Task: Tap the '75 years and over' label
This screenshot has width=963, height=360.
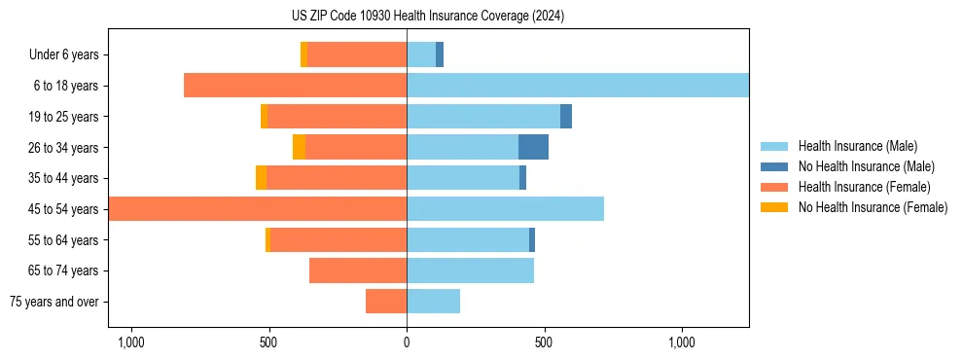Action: (54, 302)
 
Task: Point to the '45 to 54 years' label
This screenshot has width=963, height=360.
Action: (63, 209)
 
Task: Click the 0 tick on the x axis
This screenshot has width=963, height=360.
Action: (407, 342)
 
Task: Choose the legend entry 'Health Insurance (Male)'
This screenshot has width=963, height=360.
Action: (857, 146)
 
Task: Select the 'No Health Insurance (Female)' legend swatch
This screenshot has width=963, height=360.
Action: (775, 207)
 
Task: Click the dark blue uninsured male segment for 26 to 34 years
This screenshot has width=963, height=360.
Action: (533, 147)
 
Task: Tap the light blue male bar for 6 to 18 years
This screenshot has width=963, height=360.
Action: (578, 86)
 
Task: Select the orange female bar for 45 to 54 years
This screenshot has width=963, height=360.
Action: (258, 209)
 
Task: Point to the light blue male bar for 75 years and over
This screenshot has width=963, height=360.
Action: (433, 302)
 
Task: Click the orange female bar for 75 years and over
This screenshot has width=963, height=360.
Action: (386, 302)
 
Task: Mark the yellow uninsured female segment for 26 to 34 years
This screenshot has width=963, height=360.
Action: (299, 147)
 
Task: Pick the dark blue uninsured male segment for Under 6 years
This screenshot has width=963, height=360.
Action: (440, 54)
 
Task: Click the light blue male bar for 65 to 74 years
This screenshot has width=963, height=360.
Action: (470, 270)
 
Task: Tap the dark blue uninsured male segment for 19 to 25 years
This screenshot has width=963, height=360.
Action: (566, 116)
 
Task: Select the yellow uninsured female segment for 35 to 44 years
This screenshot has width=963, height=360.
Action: (261, 178)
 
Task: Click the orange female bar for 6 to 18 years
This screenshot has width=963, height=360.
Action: (295, 86)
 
